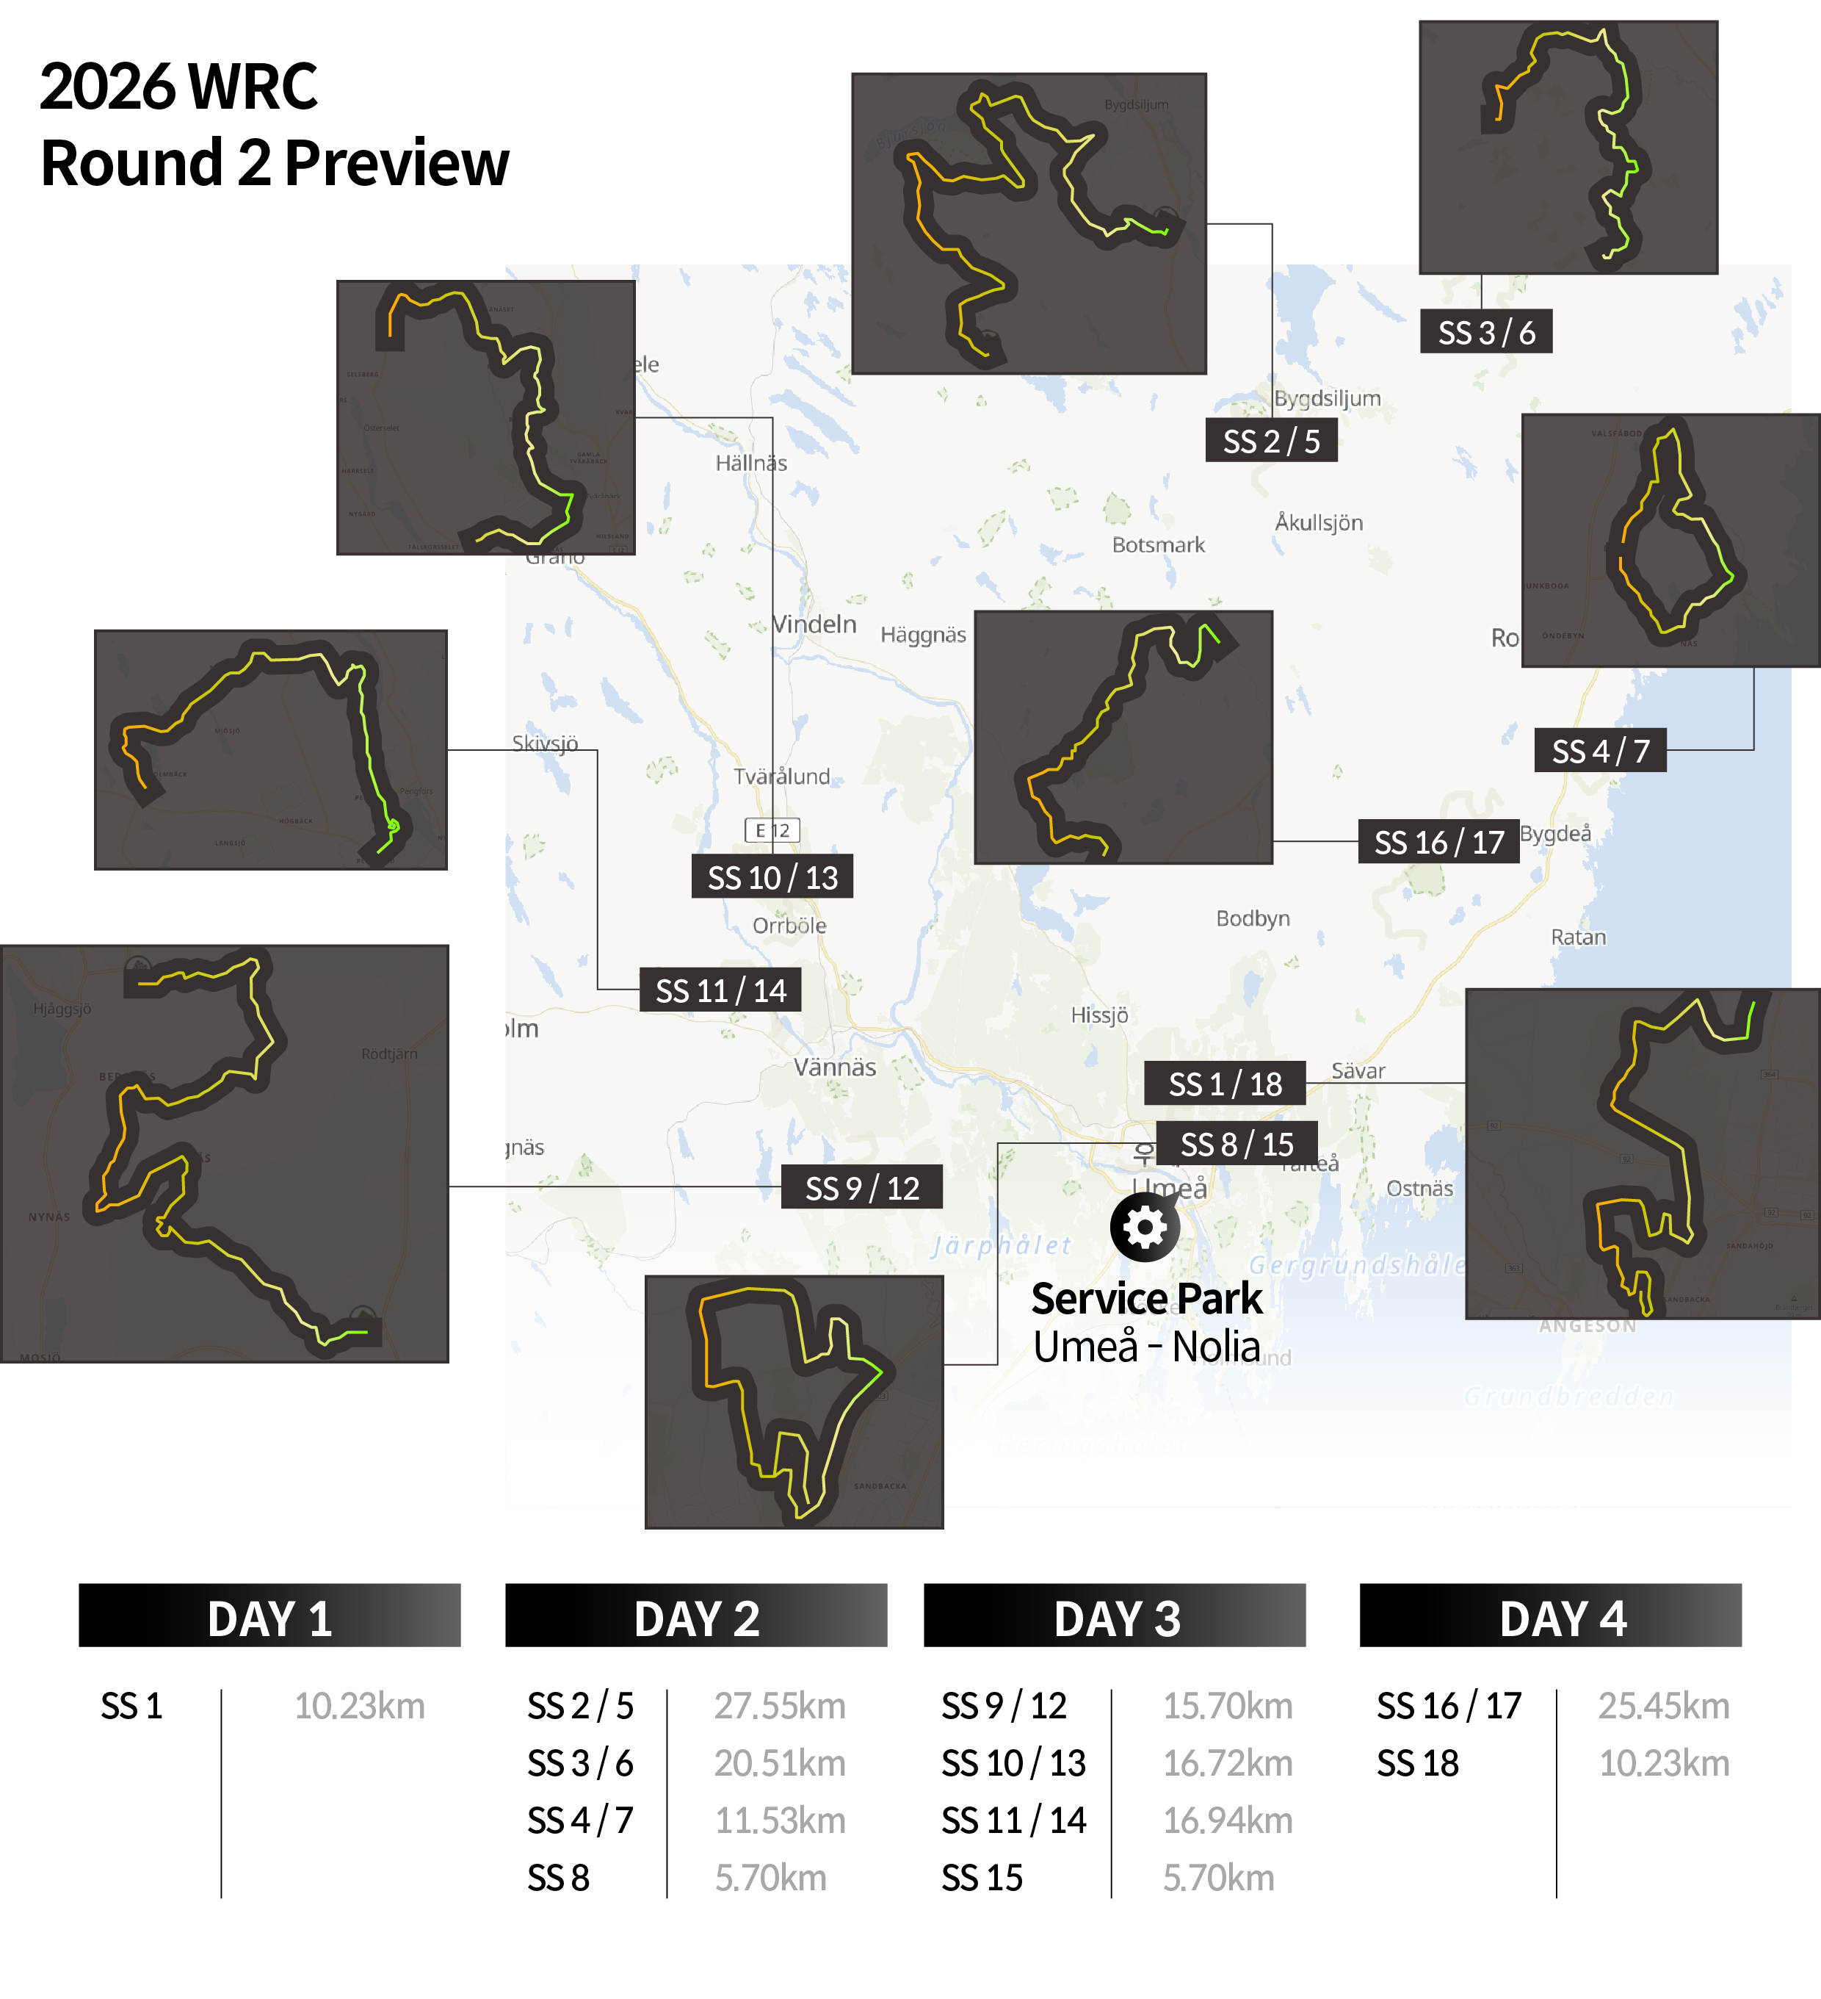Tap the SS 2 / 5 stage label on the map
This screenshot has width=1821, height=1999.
click(x=1271, y=442)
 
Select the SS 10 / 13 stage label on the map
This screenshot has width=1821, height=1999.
click(x=772, y=877)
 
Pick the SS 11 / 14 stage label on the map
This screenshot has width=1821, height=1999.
click(x=720, y=990)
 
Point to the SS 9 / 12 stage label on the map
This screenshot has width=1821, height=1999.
click(x=861, y=1188)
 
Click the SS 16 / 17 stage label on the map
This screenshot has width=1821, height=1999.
click(x=1438, y=842)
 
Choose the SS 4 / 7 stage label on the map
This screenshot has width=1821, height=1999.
click(x=1600, y=752)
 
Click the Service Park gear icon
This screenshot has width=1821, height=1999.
click(x=1145, y=1228)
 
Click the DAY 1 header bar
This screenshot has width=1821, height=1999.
click(x=269, y=1618)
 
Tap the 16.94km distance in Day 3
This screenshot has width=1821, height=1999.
click(x=1227, y=1820)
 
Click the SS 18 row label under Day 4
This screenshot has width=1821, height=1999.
click(x=1418, y=1764)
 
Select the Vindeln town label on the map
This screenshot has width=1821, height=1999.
click(x=814, y=624)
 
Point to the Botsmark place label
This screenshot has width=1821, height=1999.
click(x=1158, y=545)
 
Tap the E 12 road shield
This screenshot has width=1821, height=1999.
click(x=772, y=830)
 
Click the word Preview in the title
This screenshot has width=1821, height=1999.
click(x=397, y=164)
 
